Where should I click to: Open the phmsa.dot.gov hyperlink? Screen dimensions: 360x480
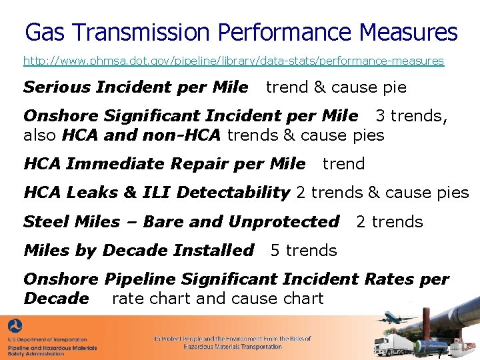233,61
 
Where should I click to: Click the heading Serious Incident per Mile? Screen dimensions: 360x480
135,87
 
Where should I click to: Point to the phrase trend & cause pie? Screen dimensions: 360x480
336,87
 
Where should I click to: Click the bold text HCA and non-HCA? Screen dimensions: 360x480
141,135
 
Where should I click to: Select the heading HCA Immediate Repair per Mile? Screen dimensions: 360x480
164,164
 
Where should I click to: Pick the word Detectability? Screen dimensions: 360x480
233,193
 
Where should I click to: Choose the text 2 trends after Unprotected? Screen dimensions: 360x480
389,221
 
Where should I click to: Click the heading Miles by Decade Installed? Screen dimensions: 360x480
139,251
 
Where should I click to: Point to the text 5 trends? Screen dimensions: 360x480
303,251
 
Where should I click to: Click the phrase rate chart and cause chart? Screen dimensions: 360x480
217,298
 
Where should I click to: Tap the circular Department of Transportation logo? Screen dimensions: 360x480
14,327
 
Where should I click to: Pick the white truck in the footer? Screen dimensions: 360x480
388,345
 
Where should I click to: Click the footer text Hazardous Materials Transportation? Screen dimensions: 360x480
232,347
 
